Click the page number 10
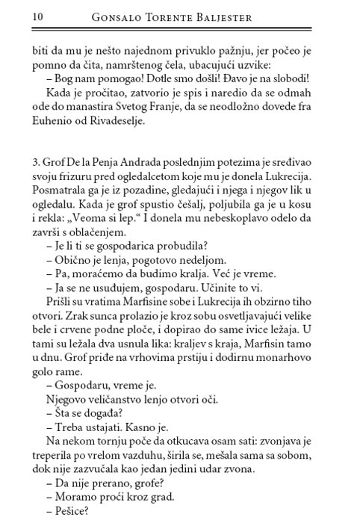pyautogui.click(x=17, y=16)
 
